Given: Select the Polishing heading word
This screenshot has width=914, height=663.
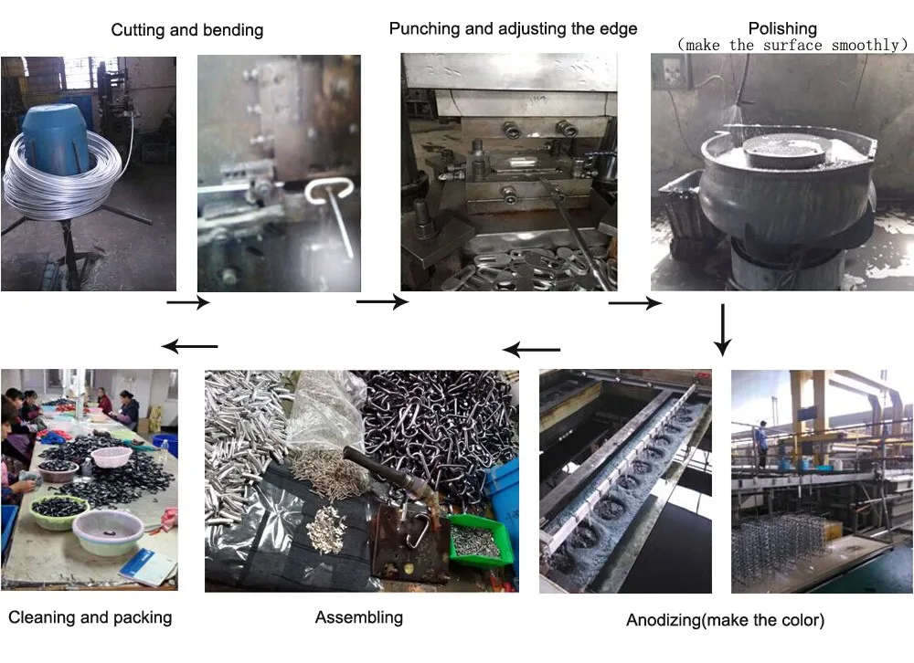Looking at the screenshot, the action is (x=782, y=28).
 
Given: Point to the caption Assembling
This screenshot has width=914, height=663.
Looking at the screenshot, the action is (x=359, y=617).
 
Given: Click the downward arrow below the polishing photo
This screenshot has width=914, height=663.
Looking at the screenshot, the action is (x=723, y=330).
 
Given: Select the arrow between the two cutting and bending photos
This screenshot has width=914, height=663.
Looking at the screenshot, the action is (x=188, y=301).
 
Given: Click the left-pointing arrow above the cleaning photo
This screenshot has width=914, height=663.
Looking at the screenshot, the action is (x=189, y=346).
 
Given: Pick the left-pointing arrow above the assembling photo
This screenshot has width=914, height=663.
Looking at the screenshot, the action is (x=531, y=350).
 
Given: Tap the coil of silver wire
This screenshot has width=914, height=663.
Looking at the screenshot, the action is (x=62, y=178).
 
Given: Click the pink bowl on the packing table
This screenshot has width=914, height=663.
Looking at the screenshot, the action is (x=112, y=457).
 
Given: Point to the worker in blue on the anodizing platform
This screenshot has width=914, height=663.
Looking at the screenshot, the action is (x=761, y=443).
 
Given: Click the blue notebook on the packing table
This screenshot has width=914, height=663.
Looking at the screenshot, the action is (x=147, y=567).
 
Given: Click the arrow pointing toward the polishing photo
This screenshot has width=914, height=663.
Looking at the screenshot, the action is (x=635, y=303).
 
